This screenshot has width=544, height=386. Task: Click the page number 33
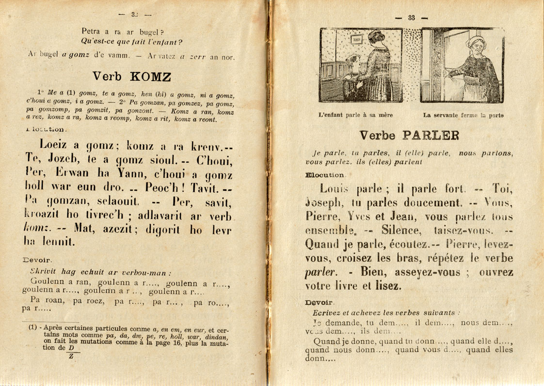(x=412, y=18)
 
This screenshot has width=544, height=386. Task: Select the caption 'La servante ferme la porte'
(x=463, y=115)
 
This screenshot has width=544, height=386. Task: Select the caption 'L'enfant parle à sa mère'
(x=355, y=115)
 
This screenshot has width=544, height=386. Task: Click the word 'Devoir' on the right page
(x=319, y=302)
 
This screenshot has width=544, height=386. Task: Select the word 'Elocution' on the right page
(x=326, y=174)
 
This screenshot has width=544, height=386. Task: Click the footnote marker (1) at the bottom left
(x=32, y=327)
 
